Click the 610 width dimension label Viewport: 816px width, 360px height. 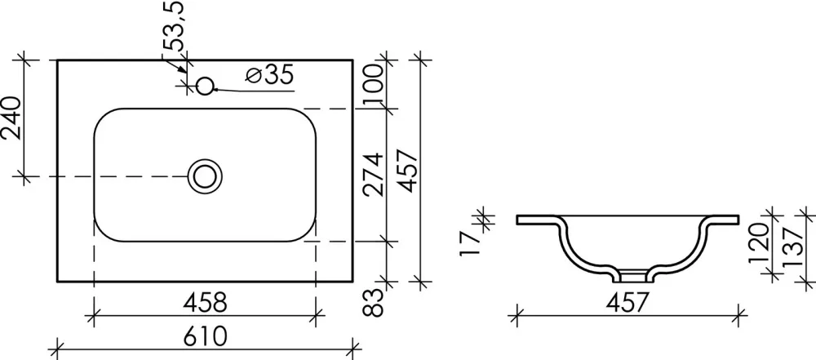click(x=206, y=336)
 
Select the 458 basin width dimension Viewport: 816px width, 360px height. click(x=205, y=303)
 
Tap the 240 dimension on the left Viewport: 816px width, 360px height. click(x=12, y=118)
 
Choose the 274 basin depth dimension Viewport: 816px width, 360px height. click(x=374, y=175)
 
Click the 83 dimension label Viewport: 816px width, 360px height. click(x=374, y=303)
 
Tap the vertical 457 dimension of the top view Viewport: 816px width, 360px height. click(x=407, y=171)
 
